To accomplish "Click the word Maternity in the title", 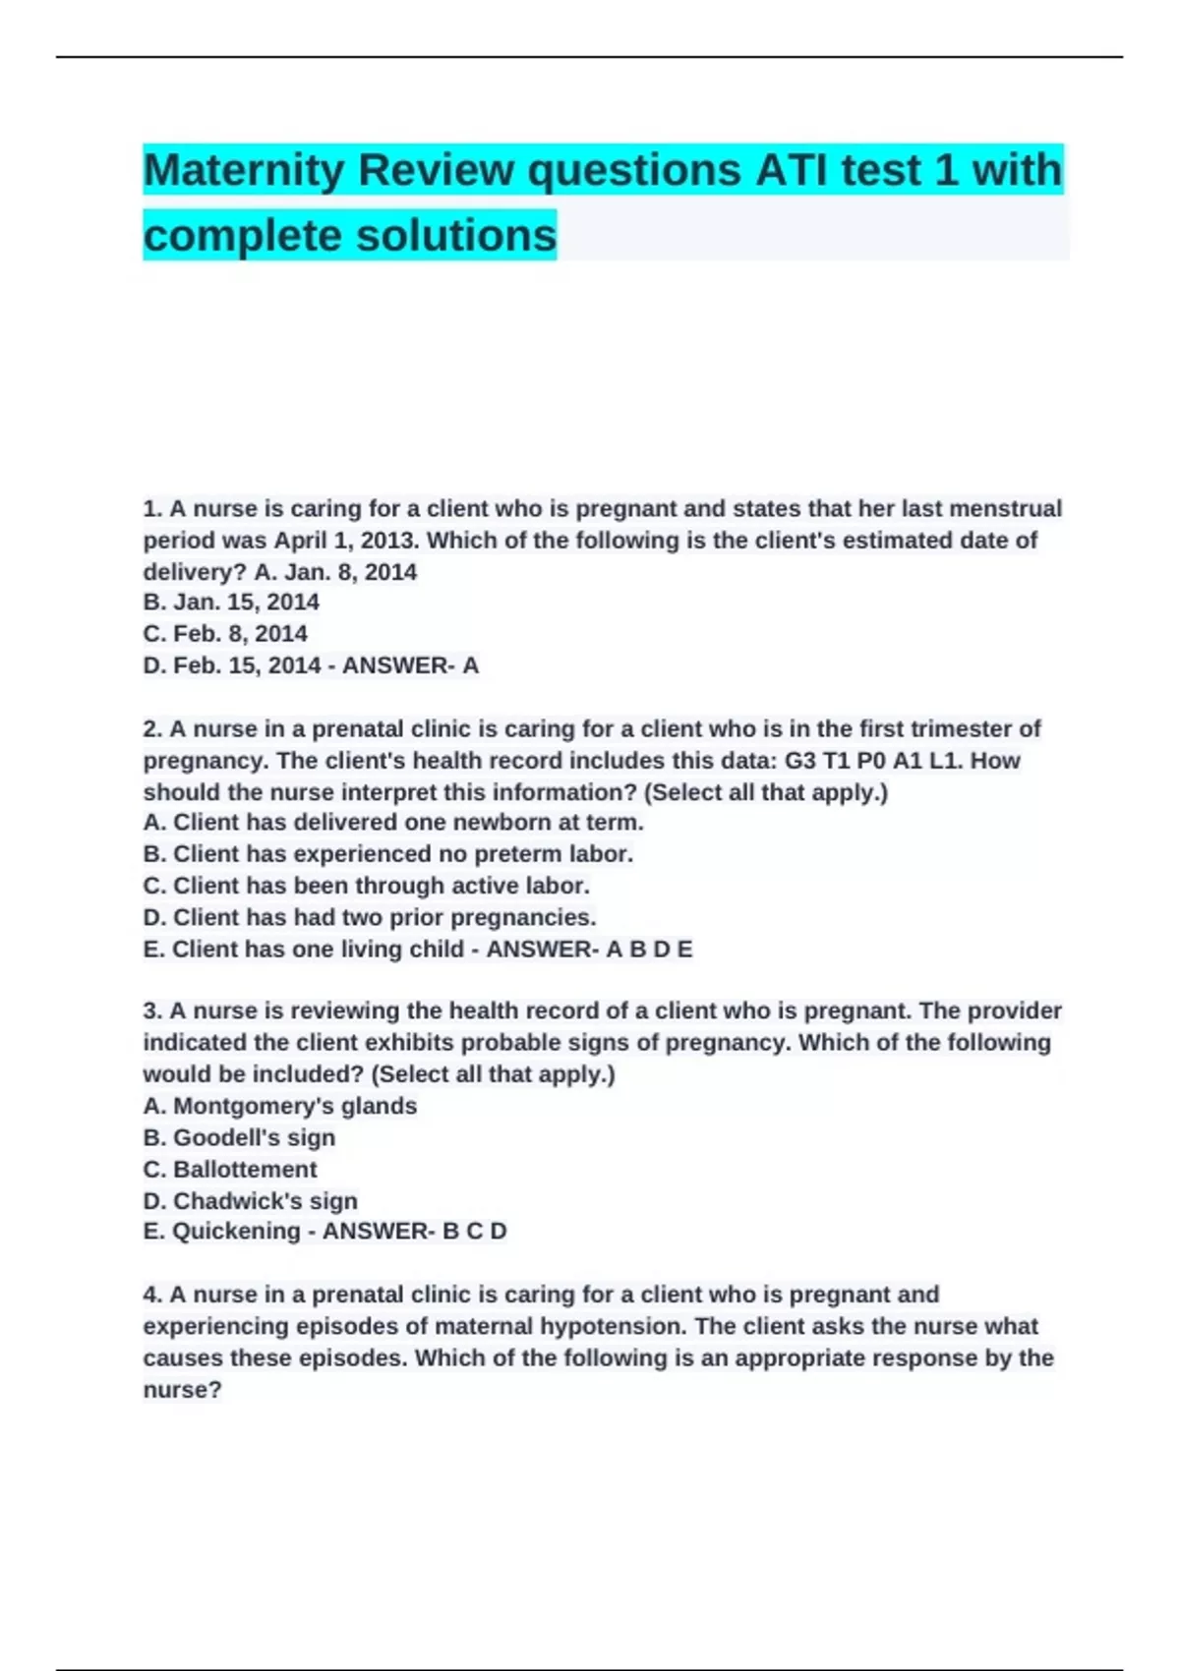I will pos(243,171).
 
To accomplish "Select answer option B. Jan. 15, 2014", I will pos(231,602).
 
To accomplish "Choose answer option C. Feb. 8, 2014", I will pos(225,634).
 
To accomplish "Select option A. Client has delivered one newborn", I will pos(393,822).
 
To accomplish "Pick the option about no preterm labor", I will pos(387,854).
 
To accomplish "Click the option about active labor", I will pos(366,886).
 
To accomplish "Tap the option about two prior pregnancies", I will pos(370,917).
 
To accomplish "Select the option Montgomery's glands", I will pos(280,1106).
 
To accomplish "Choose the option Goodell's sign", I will pos(239,1137).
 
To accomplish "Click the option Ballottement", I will pos(230,1170).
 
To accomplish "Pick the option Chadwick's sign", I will pos(250,1201).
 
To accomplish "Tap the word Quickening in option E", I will pos(236,1232).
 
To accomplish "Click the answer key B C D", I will pos(475,1232).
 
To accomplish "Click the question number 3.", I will pos(151,1011).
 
